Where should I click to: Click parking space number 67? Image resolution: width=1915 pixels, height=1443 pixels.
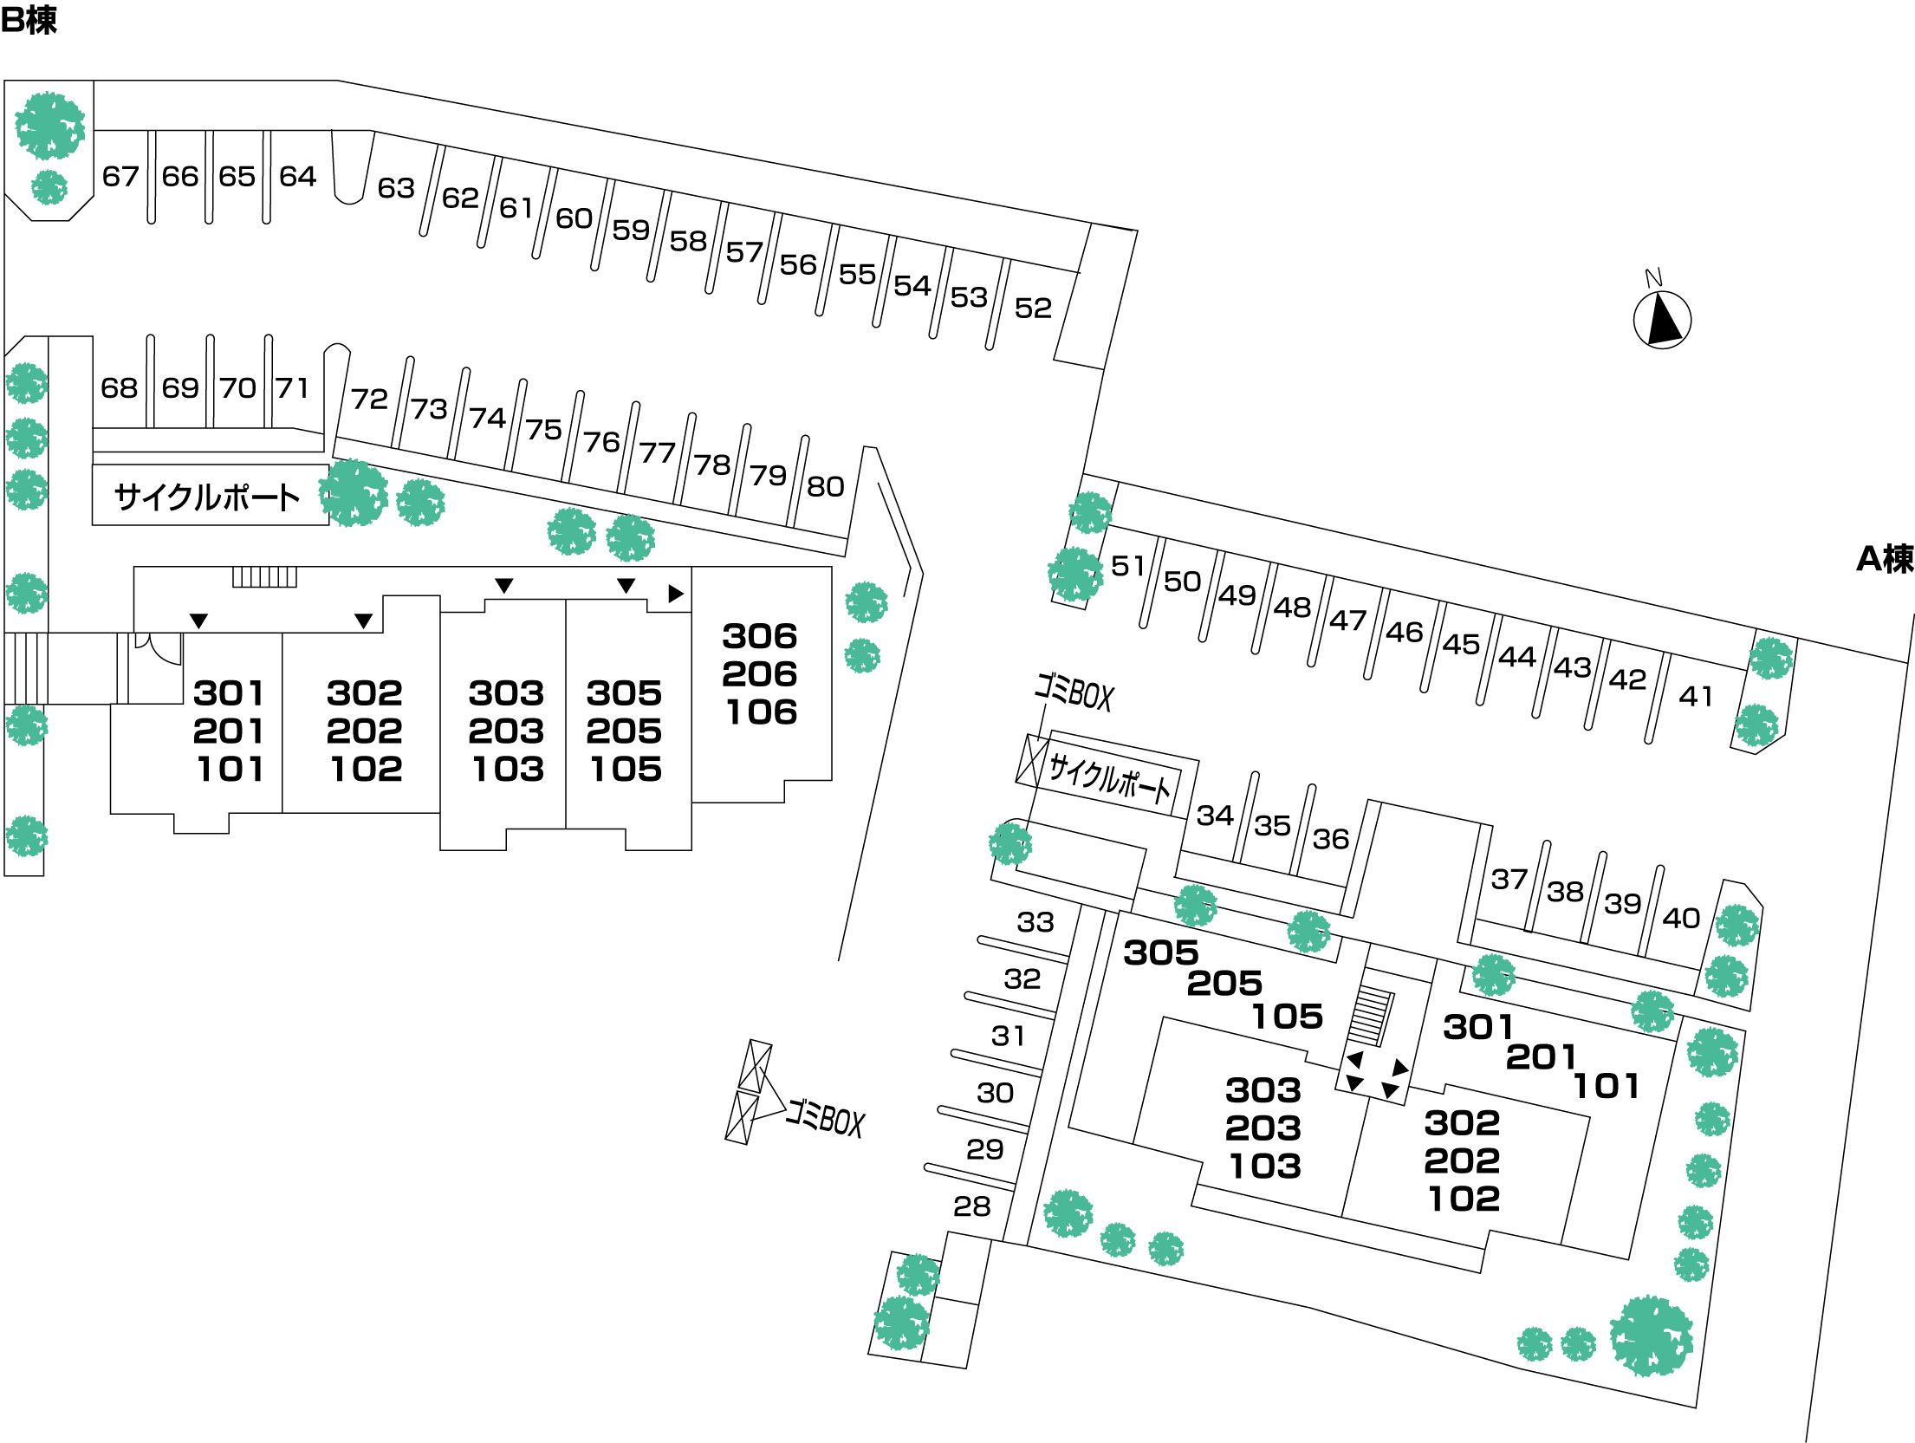click(x=120, y=177)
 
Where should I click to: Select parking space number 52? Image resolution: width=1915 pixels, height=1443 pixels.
click(x=1033, y=308)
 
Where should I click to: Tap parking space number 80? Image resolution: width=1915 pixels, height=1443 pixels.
click(x=825, y=486)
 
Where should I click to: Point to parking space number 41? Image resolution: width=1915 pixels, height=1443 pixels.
click(x=1696, y=696)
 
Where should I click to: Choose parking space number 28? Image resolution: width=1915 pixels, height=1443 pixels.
click(x=971, y=1206)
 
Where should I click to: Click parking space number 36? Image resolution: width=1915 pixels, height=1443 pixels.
click(x=1330, y=838)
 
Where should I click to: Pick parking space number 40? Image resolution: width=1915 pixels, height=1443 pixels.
click(x=1681, y=918)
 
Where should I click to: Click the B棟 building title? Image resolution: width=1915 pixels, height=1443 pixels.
click(x=29, y=20)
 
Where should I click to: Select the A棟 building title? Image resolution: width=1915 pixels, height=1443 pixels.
click(x=1884, y=559)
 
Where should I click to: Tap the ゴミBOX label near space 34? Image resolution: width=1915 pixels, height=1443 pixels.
click(x=1074, y=692)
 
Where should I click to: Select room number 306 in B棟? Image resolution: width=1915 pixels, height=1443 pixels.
click(x=760, y=636)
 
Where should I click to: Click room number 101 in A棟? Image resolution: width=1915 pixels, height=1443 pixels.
click(x=1606, y=1086)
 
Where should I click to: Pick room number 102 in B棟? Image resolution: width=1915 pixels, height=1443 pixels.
click(x=366, y=769)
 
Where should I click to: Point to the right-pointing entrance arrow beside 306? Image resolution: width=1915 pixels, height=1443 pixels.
click(x=676, y=594)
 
